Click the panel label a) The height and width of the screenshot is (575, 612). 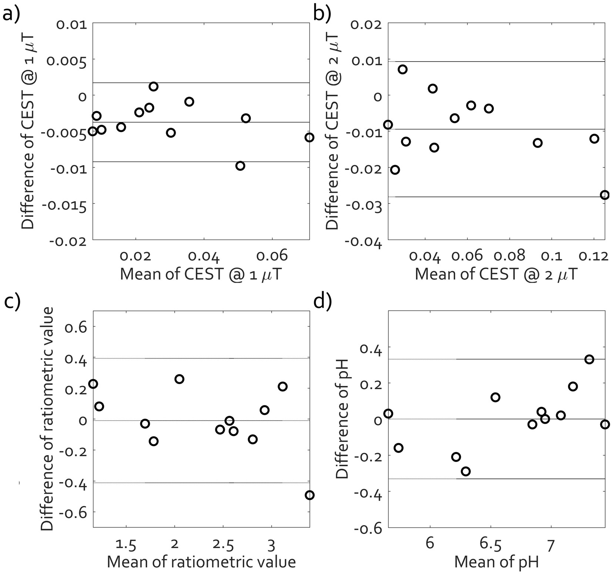coord(11,14)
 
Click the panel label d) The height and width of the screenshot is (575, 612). coord(322,302)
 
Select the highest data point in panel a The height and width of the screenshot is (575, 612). coord(154,87)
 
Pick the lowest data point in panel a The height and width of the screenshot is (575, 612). coord(240,166)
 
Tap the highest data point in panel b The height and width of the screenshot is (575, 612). coord(403,70)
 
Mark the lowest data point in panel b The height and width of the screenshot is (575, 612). coord(604,195)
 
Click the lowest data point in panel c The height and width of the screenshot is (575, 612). coord(310,495)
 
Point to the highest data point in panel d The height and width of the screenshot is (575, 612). coord(589,359)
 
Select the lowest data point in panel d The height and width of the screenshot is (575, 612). coord(466,471)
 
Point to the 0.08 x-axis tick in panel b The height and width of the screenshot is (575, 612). coord(510,255)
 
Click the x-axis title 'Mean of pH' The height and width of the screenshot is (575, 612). coord(496,562)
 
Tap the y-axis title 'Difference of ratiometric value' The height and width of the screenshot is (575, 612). coord(48,419)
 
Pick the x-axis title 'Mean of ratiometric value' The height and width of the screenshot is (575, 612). coord(201,562)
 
